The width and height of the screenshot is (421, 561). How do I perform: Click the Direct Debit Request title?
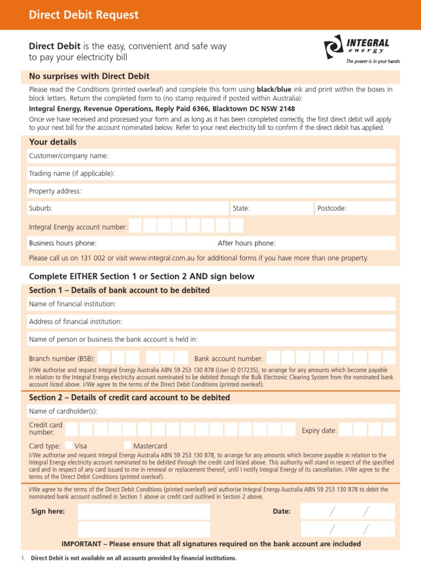[x=83, y=15]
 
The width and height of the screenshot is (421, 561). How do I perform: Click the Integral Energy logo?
[x=361, y=50]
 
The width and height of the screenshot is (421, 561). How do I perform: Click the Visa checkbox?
[x=69, y=445]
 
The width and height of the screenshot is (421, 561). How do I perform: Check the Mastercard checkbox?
[x=127, y=445]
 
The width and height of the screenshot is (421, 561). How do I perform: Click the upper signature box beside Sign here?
[x=144, y=512]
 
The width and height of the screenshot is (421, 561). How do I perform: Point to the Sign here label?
[x=48, y=512]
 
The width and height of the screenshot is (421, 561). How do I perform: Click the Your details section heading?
[x=53, y=142]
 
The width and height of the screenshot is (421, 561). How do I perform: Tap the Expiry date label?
[x=319, y=431]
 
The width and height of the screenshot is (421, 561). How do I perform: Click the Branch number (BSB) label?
[x=62, y=359]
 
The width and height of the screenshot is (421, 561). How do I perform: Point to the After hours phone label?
[x=247, y=243]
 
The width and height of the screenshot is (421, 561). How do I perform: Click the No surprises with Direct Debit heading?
[x=89, y=76]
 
